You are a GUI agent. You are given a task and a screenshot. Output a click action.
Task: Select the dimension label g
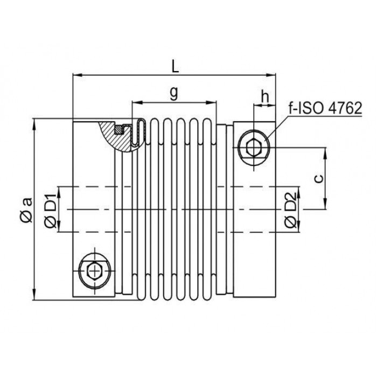point(173,93)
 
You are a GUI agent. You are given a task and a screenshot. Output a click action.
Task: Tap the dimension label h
point(265,97)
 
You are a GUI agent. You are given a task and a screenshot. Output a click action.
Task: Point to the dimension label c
point(319,178)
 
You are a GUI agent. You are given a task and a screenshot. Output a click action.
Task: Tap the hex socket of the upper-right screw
point(254,148)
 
